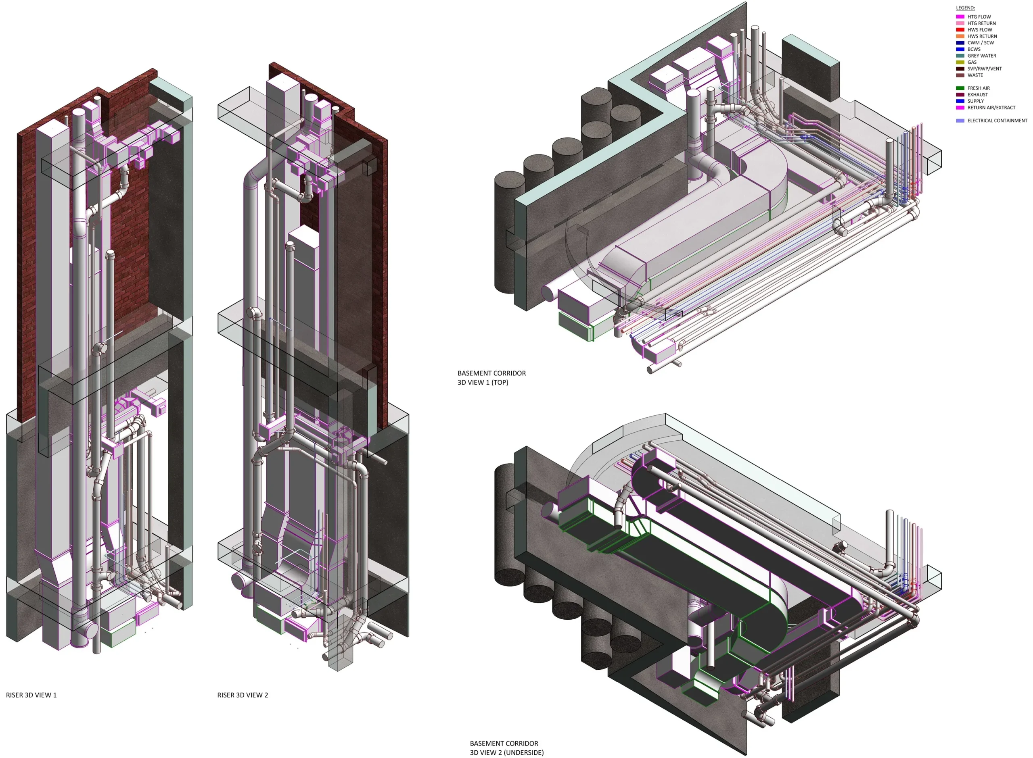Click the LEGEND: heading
pyautogui.click(x=965, y=8)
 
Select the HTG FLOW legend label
pyautogui.click(x=979, y=17)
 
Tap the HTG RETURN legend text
pyautogui.click(x=982, y=23)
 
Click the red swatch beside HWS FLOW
pyautogui.click(x=960, y=30)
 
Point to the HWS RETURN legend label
pyautogui.click(x=982, y=36)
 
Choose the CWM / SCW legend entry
pyautogui.click(x=981, y=43)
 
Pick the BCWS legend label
pyautogui.click(x=974, y=49)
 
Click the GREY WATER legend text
pyautogui.click(x=982, y=56)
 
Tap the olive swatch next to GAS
pyautogui.click(x=960, y=62)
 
